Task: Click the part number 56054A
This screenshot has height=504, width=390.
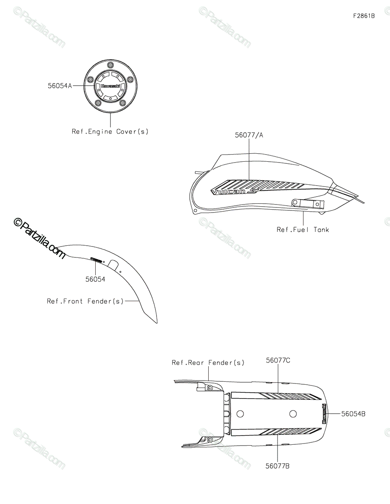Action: [60, 85]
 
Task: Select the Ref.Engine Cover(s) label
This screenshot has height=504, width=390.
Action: [110, 131]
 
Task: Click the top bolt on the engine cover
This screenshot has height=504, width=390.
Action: [110, 65]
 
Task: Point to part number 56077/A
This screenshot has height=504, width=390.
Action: [249, 135]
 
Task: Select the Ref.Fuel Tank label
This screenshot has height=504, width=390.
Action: [303, 229]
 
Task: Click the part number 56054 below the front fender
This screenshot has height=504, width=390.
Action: [95, 279]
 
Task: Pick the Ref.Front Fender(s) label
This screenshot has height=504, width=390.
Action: [85, 301]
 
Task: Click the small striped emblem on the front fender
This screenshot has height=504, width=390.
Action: [96, 260]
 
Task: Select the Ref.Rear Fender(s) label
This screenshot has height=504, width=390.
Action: [208, 362]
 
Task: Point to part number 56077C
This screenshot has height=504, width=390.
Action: [278, 360]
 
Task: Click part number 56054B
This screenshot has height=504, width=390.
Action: [353, 414]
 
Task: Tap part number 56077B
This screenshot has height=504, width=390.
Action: [278, 466]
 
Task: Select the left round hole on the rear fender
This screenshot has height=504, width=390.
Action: [240, 414]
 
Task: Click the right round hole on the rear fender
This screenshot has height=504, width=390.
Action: [293, 414]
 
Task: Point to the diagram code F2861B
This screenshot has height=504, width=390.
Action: [364, 16]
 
